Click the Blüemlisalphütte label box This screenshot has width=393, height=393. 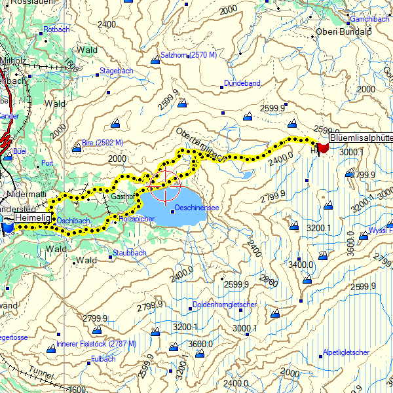(360, 138)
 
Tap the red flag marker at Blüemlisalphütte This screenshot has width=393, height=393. (322, 147)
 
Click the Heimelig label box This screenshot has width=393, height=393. (32, 217)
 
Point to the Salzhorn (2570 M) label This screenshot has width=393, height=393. (189, 55)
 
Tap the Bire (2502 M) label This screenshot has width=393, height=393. (103, 142)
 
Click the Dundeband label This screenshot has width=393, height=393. (242, 84)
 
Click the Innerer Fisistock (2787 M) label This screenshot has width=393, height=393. (96, 343)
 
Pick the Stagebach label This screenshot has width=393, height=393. (116, 70)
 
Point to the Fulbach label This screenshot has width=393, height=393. (103, 359)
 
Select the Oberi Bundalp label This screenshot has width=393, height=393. (343, 31)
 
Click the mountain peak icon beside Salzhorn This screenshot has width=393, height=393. (155, 61)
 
